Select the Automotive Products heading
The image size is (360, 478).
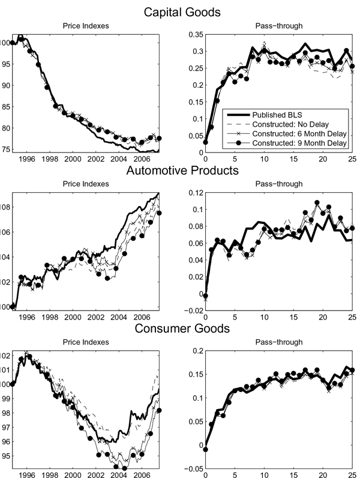pyautogui.click(x=179, y=171)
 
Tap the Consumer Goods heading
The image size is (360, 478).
pyautogui.click(x=179, y=328)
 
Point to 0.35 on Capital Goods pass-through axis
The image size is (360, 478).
pyautogui.click(x=194, y=35)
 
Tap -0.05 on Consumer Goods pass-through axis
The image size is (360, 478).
pyautogui.click(x=193, y=468)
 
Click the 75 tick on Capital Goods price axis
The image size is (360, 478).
pyautogui.click(x=5, y=149)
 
